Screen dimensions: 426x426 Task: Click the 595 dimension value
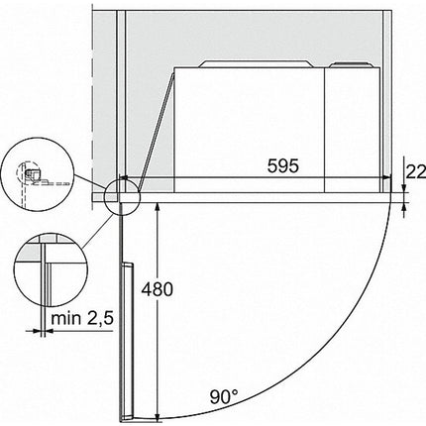282,165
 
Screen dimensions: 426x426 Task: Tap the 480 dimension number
158,289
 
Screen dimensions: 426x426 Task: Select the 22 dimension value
416,171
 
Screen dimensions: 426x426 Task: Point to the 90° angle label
223,396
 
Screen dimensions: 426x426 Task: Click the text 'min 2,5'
82,318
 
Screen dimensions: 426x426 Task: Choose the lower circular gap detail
50,271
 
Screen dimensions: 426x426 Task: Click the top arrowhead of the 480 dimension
158,207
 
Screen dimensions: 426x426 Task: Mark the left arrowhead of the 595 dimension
124,178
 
